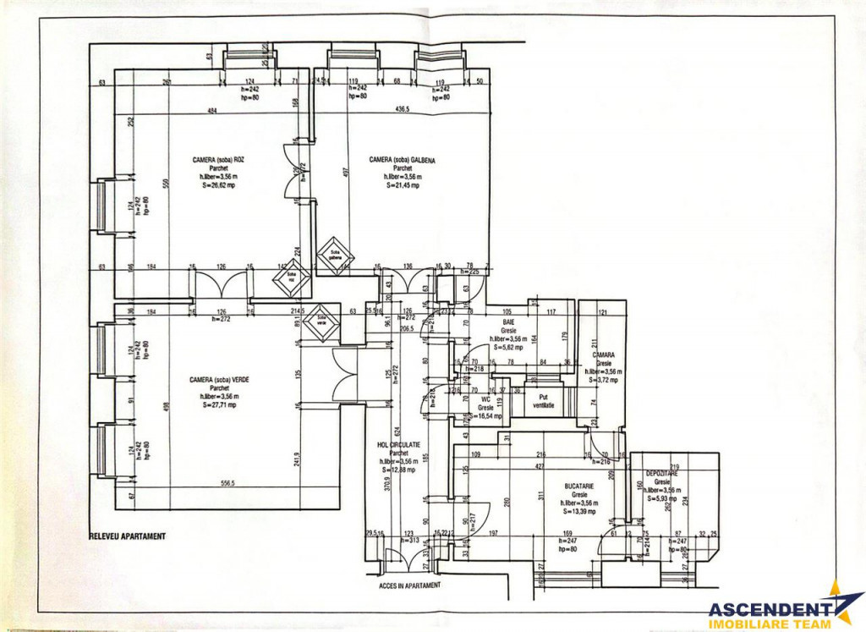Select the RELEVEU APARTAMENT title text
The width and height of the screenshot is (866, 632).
point(127,536)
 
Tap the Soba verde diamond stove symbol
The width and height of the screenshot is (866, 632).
point(321,322)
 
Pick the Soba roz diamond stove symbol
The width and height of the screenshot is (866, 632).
point(292,277)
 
